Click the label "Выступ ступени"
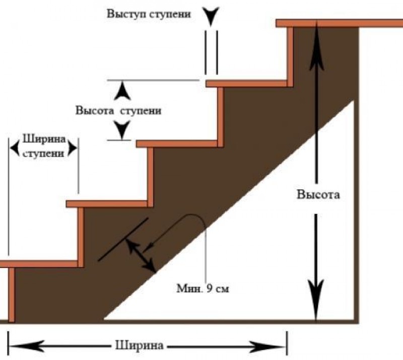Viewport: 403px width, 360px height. pos(149,14)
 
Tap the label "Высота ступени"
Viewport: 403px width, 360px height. pos(118,111)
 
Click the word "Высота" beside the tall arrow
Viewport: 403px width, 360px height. pos(318,195)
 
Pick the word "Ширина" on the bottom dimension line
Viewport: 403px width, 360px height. pos(139,346)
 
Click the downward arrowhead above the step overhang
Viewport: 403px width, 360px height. pos(212,15)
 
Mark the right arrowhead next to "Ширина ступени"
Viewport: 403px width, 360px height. pos(73,147)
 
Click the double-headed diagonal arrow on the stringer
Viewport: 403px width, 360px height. pos(141,255)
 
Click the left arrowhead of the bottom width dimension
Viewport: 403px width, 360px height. pos(19,346)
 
